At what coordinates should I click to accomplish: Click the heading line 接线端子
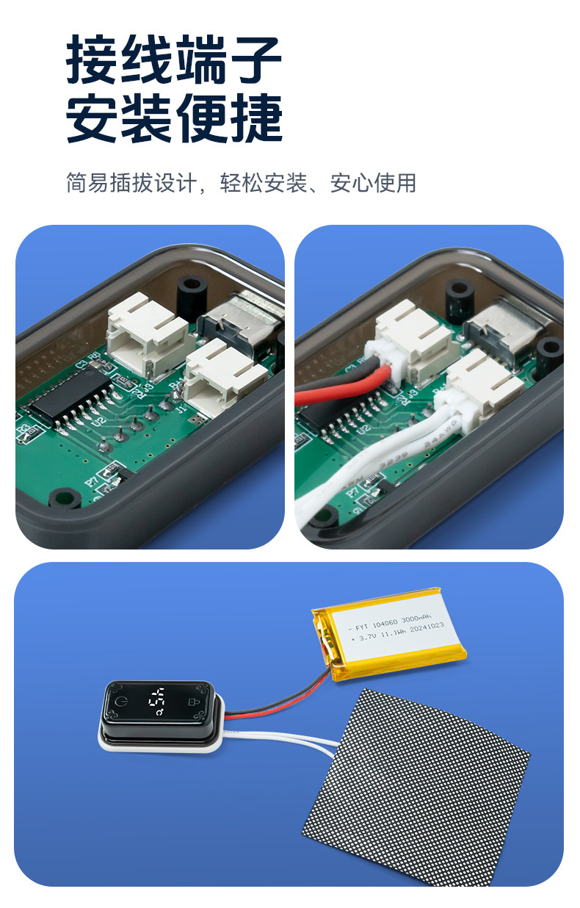coord(174,61)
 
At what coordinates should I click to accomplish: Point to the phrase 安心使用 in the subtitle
coord(373,183)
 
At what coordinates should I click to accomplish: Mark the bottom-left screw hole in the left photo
coord(65,498)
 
